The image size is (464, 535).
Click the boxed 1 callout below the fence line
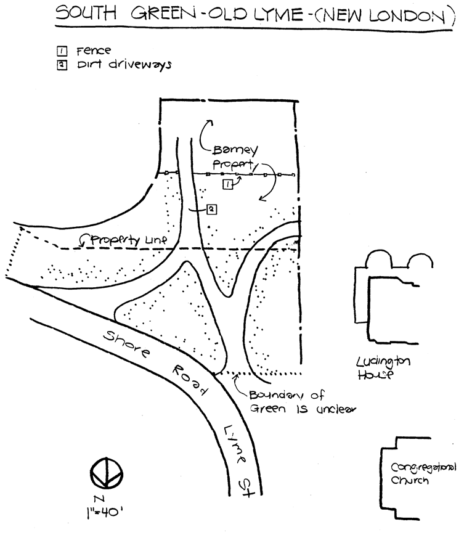(228, 184)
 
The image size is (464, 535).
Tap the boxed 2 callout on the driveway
(211, 210)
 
